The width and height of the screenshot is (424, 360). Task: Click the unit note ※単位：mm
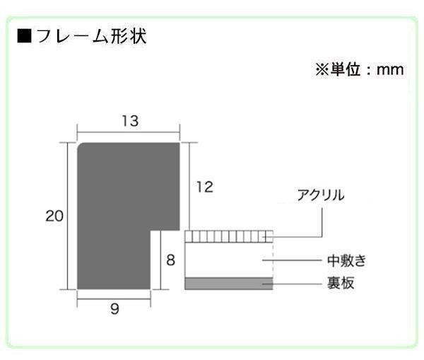358,70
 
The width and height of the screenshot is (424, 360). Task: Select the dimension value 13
129,121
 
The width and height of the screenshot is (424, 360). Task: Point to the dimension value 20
54,216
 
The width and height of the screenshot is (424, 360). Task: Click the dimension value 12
204,187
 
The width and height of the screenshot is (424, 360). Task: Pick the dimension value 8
170,260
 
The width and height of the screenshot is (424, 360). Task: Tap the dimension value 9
114,309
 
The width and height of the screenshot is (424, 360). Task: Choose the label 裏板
341,284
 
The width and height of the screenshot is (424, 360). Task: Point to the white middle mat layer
226,260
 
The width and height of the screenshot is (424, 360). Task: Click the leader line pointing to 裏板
297,284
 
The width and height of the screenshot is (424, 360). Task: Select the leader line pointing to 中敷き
297,260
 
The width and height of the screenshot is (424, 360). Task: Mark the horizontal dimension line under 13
127,132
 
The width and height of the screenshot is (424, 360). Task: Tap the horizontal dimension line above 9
114,298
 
